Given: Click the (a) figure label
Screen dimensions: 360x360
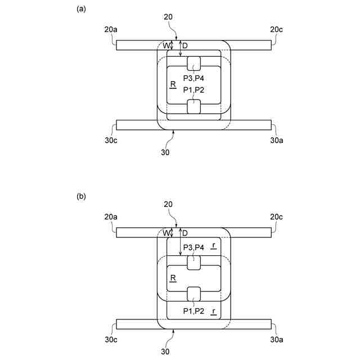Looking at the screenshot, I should point(81,9).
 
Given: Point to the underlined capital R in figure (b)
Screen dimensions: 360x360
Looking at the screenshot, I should point(173,277).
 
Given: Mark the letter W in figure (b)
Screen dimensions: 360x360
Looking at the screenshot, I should point(167,233).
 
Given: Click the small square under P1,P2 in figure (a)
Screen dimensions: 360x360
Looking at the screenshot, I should point(193,105).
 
